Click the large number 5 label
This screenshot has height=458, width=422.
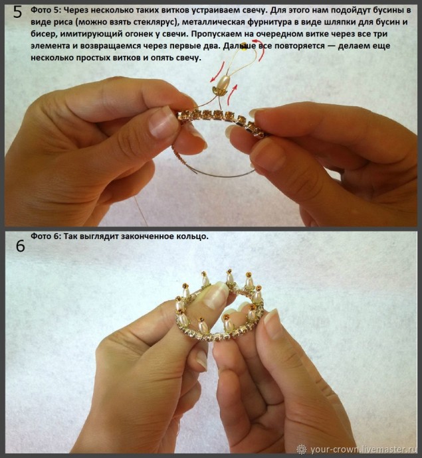click(x=18, y=12)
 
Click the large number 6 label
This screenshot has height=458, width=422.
click(x=20, y=246)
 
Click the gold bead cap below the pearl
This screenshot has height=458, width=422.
click(x=219, y=91)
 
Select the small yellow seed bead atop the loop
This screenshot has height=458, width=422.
click(x=244, y=50)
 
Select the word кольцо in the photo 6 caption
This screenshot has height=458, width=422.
click(x=193, y=236)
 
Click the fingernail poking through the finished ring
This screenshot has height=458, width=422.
click(x=215, y=295)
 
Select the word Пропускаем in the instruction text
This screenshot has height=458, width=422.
click(x=217, y=34)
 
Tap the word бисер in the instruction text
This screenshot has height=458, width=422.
click(x=43, y=34)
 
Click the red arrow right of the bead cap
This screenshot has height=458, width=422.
click(x=233, y=94)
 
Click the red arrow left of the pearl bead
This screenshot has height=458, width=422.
click(x=217, y=72)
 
